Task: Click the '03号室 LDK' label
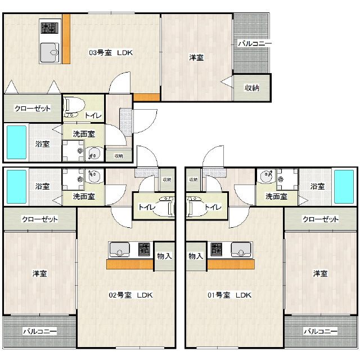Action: click(111, 52)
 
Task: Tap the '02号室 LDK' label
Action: click(130, 295)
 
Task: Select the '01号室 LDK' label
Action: click(229, 295)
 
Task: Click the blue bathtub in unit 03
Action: click(16, 142)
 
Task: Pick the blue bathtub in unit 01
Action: click(344, 187)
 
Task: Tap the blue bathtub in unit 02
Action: click(16, 187)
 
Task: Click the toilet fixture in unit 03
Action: click(73, 107)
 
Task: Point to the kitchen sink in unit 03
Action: click(49, 52)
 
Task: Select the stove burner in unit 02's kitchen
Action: click(144, 249)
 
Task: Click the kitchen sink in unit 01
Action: click(241, 250)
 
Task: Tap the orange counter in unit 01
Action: click(231, 264)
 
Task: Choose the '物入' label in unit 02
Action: click(164, 256)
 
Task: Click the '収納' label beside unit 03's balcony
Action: click(252, 88)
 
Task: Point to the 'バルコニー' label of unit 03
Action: click(255, 43)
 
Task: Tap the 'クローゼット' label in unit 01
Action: click(321, 219)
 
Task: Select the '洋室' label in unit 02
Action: click(39, 273)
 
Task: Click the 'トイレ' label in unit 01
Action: click(213, 208)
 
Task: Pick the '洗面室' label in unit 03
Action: click(84, 134)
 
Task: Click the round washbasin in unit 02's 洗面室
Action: click(94, 176)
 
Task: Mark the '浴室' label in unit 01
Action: click(317, 186)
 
